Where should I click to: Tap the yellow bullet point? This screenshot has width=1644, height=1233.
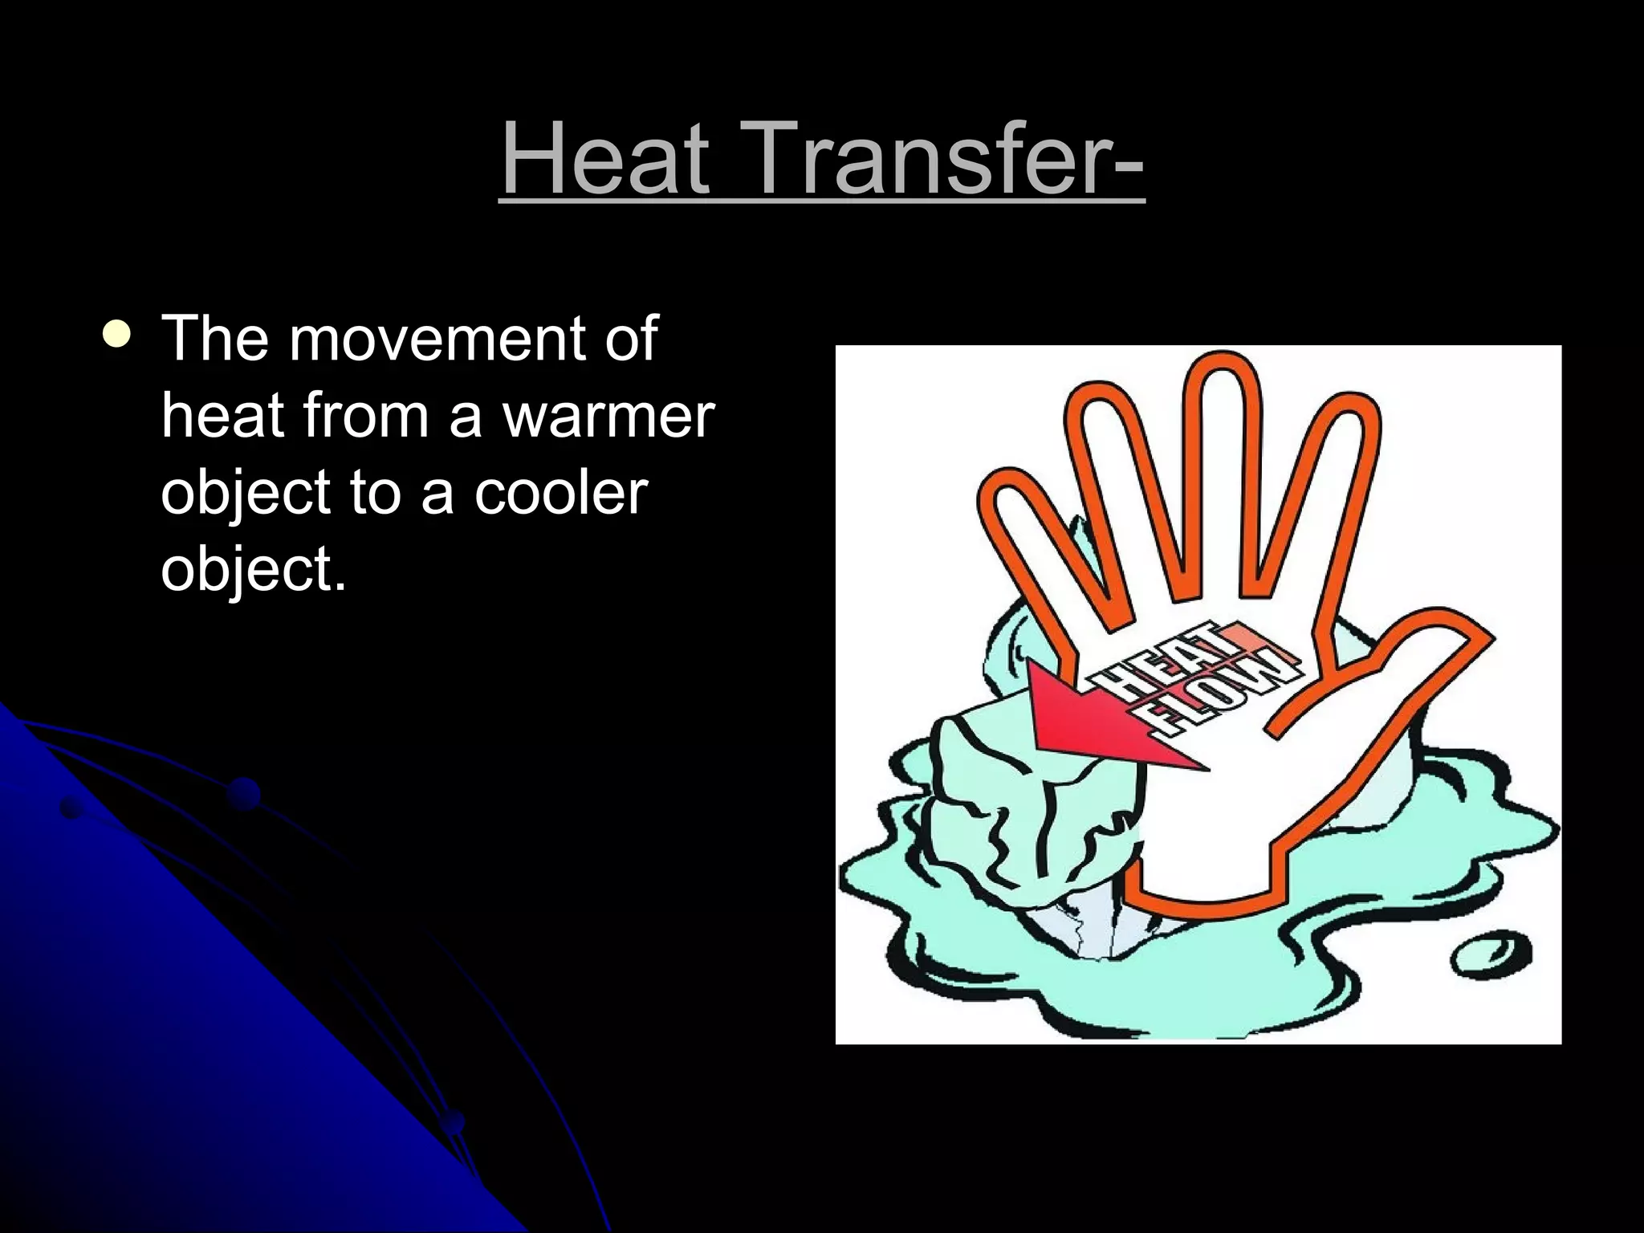[x=117, y=336]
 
